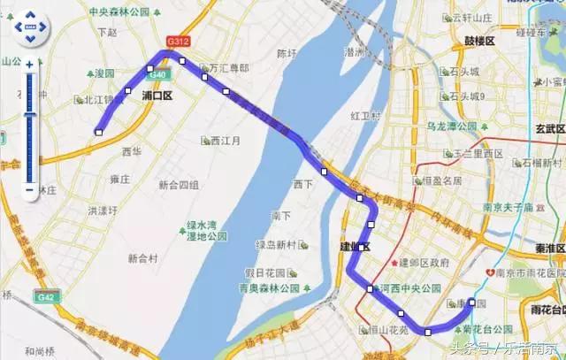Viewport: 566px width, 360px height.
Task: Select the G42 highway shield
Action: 44,297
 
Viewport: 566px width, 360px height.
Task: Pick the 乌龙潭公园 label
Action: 452,126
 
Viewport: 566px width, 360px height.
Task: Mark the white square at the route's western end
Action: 99,133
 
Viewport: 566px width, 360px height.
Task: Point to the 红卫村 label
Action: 364,116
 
